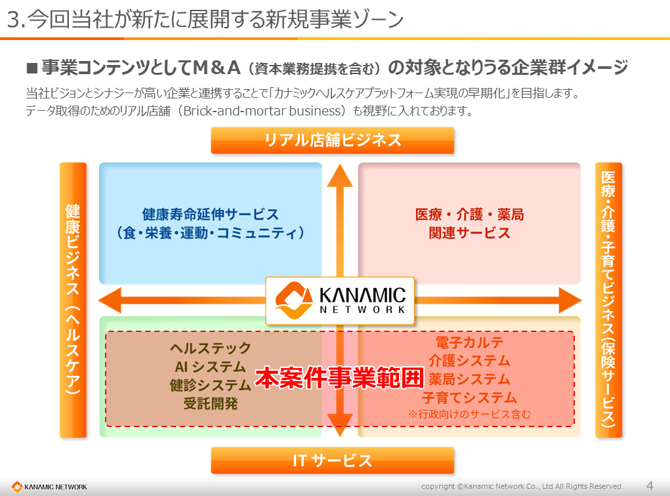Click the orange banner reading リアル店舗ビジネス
click(x=332, y=140)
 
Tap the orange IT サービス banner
click(x=332, y=461)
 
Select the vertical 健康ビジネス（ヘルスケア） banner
click(x=73, y=300)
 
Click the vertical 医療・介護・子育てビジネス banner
click(x=608, y=300)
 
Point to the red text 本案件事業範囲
click(x=339, y=377)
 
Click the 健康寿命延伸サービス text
click(x=211, y=215)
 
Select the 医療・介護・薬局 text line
click(x=469, y=215)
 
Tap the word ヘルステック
click(x=211, y=348)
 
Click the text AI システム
click(x=211, y=367)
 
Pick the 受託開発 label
click(x=211, y=403)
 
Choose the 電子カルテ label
click(x=469, y=342)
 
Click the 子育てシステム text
click(x=469, y=398)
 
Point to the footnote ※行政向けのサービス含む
click(x=469, y=414)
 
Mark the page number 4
click(x=650, y=486)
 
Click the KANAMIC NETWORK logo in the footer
click(x=49, y=487)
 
